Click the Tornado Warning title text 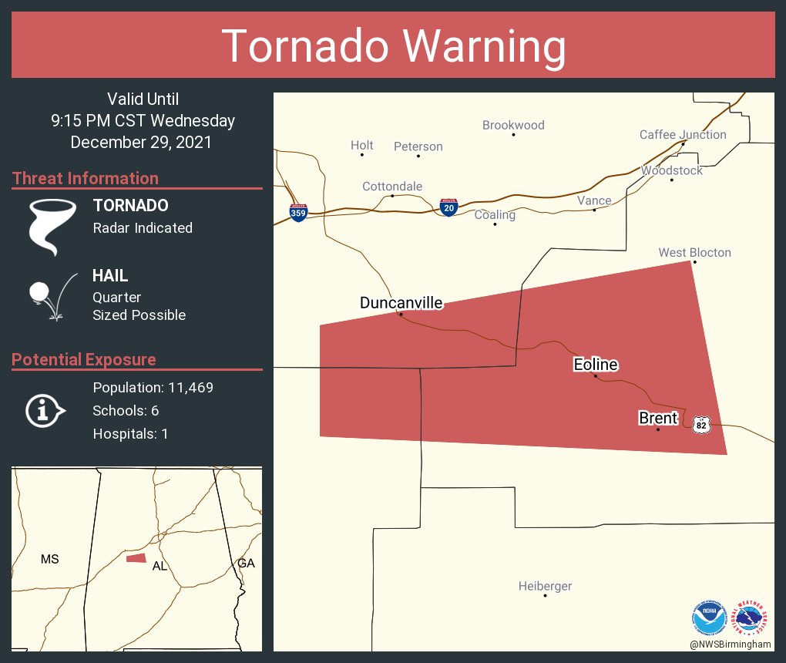pos(393,46)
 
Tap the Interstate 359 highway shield pos(298,212)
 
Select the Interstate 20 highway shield pos(448,207)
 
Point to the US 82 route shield pos(700,425)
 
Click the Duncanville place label pos(401,303)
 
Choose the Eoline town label pos(595,365)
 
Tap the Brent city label pos(657,418)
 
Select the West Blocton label pos(694,253)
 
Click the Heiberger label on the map pos(545,586)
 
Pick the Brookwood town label pos(513,125)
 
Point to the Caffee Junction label pos(683,135)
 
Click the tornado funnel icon pos(52,226)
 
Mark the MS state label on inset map pos(50,559)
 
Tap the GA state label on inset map pos(246,564)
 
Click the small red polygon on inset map pos(136,557)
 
